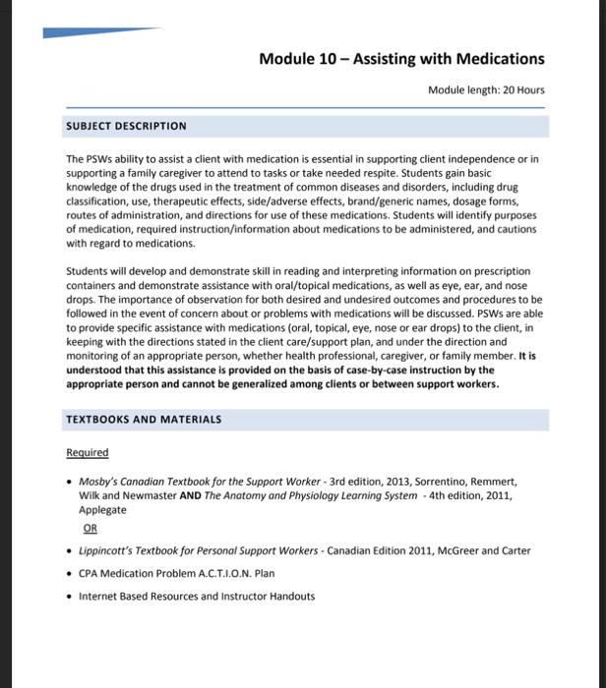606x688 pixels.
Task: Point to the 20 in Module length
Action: (509, 90)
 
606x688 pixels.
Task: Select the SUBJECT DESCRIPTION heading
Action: (126, 127)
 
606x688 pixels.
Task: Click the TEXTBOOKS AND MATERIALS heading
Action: (144, 420)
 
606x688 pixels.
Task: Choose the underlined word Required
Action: (88, 453)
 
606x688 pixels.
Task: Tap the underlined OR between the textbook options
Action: (91, 528)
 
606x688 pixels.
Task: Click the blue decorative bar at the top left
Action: (98, 32)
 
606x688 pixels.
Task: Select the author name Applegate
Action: (102, 510)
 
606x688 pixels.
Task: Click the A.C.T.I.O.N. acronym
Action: (215, 574)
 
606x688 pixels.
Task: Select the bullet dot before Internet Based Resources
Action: (69, 597)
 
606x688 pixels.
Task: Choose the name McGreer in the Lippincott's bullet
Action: (459, 551)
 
